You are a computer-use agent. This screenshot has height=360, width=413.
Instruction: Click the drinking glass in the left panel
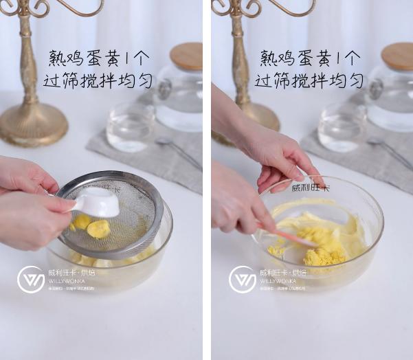tap(130, 126)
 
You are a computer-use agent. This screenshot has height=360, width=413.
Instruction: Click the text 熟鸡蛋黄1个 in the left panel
tap(98, 58)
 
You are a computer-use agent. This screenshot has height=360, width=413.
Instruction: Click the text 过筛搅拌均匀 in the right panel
tap(309, 81)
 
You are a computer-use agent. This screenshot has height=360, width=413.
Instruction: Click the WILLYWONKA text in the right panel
tap(278, 281)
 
